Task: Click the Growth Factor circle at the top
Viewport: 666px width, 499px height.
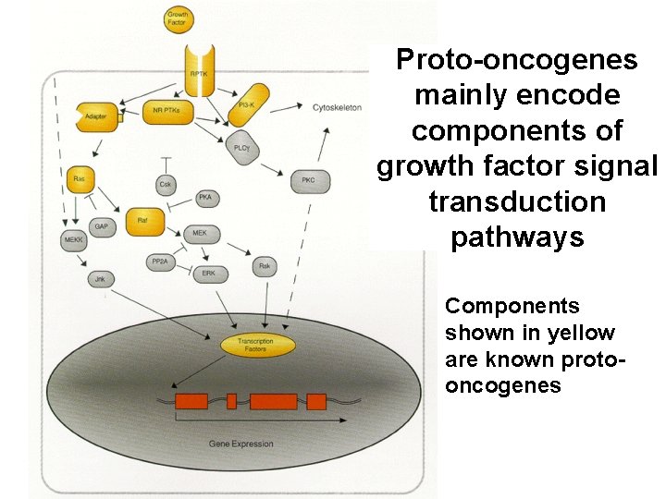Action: click(177, 18)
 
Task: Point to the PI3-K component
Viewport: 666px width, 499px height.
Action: click(247, 103)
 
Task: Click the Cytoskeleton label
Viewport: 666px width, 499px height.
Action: click(337, 107)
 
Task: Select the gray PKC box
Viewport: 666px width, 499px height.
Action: click(309, 180)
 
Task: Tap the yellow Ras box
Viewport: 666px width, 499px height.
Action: click(79, 178)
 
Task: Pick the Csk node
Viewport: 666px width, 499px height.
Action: click(166, 185)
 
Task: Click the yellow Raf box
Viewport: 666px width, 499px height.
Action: click(142, 220)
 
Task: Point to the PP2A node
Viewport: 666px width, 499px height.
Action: click(158, 263)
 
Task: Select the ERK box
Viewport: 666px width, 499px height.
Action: click(209, 274)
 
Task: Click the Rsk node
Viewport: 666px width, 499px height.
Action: click(265, 267)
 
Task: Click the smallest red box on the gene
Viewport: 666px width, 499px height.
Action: click(231, 401)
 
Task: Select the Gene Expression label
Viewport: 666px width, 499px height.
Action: click(240, 444)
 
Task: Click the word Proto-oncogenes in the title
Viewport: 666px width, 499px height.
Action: click(516, 60)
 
